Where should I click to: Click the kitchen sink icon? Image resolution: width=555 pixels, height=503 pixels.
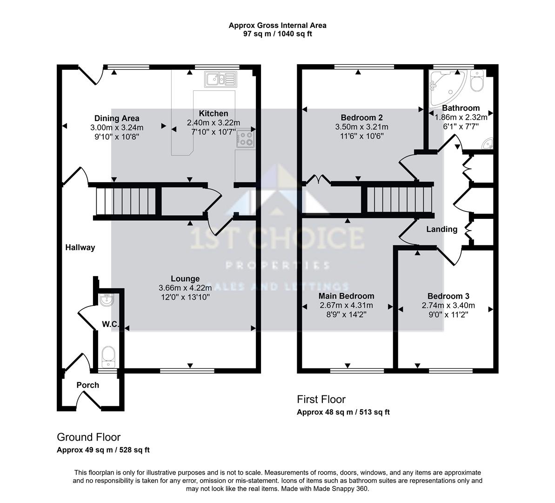click(x=221, y=80)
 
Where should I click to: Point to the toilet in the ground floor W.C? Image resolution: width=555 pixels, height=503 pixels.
click(x=109, y=355)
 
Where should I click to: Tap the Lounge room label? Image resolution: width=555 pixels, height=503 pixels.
click(x=185, y=279)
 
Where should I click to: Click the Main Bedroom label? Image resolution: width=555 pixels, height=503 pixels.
click(x=346, y=296)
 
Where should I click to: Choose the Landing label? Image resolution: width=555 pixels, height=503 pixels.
click(x=442, y=229)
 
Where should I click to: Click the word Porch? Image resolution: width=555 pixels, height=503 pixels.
click(x=88, y=385)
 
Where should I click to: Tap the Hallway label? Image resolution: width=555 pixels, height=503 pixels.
click(x=80, y=247)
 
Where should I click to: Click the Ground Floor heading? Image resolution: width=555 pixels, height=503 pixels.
click(x=88, y=437)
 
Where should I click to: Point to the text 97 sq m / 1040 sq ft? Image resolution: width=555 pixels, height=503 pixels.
click(x=277, y=34)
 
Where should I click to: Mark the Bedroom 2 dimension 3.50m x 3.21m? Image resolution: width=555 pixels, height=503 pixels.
click(x=361, y=127)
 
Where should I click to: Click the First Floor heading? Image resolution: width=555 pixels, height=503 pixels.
click(x=321, y=399)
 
